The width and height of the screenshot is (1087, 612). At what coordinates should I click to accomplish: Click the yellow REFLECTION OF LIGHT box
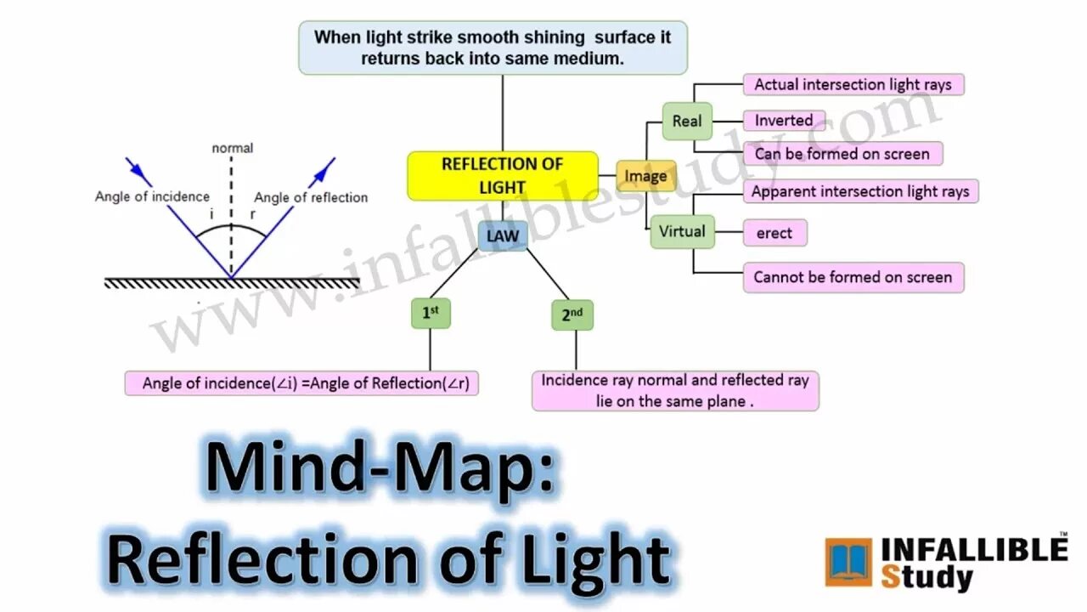click(x=502, y=176)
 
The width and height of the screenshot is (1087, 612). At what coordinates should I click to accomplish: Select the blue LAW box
click(x=503, y=235)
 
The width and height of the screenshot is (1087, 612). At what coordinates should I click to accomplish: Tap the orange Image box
click(x=646, y=176)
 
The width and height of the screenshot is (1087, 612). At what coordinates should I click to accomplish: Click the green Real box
click(x=687, y=121)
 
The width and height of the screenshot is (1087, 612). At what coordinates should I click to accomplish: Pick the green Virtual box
click(x=682, y=231)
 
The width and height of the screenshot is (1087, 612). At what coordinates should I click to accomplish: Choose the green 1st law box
click(x=430, y=313)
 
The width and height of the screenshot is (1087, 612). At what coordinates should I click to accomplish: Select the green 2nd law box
click(x=572, y=314)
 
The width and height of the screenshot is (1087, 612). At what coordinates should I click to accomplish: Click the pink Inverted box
click(x=784, y=121)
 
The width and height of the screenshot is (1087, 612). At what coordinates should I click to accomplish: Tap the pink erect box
click(x=774, y=233)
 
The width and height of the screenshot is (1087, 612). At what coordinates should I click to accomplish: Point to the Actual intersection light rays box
click(x=853, y=84)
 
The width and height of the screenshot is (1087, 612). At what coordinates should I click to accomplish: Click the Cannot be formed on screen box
click(x=853, y=277)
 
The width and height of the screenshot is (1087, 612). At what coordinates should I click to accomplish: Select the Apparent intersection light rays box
click(x=860, y=191)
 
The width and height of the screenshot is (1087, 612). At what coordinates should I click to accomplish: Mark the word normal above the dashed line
click(x=232, y=148)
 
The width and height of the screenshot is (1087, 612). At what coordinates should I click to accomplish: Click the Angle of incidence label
click(x=152, y=196)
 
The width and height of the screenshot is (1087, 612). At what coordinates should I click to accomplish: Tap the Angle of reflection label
click(x=311, y=197)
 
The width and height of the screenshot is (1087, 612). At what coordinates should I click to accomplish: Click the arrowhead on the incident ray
click(x=143, y=177)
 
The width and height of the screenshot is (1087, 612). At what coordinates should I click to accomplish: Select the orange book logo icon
click(x=848, y=562)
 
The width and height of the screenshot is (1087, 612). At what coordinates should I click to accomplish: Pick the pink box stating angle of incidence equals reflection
click(x=301, y=383)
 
